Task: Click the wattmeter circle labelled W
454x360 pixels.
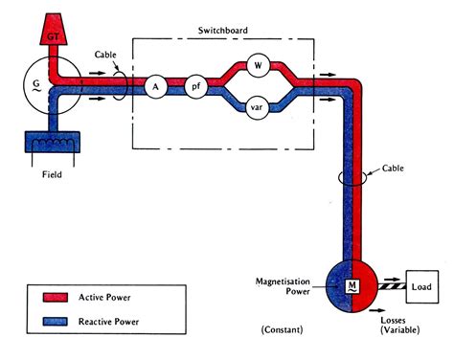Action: [257, 66]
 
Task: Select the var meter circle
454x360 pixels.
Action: [257, 106]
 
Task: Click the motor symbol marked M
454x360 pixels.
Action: [352, 286]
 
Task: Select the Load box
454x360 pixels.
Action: [424, 285]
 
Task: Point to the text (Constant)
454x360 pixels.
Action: [284, 330]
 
